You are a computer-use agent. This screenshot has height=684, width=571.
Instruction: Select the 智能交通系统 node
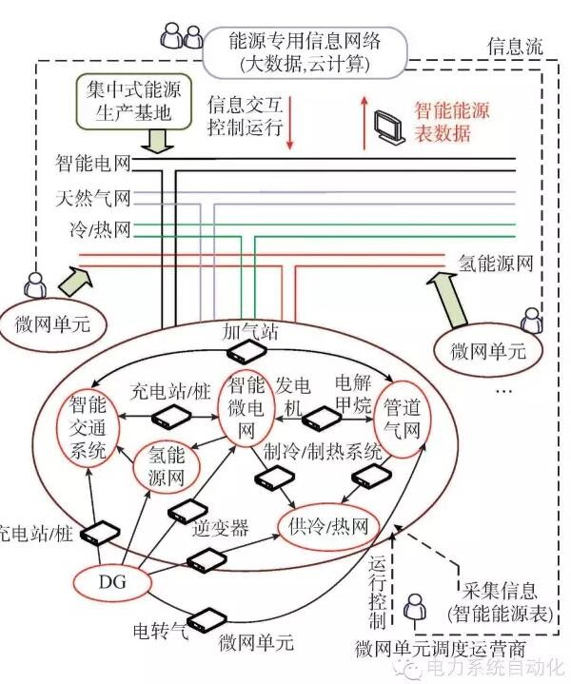[88, 427]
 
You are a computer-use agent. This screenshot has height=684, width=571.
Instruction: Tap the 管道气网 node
[401, 419]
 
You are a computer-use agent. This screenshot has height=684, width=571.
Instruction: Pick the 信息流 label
[514, 47]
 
